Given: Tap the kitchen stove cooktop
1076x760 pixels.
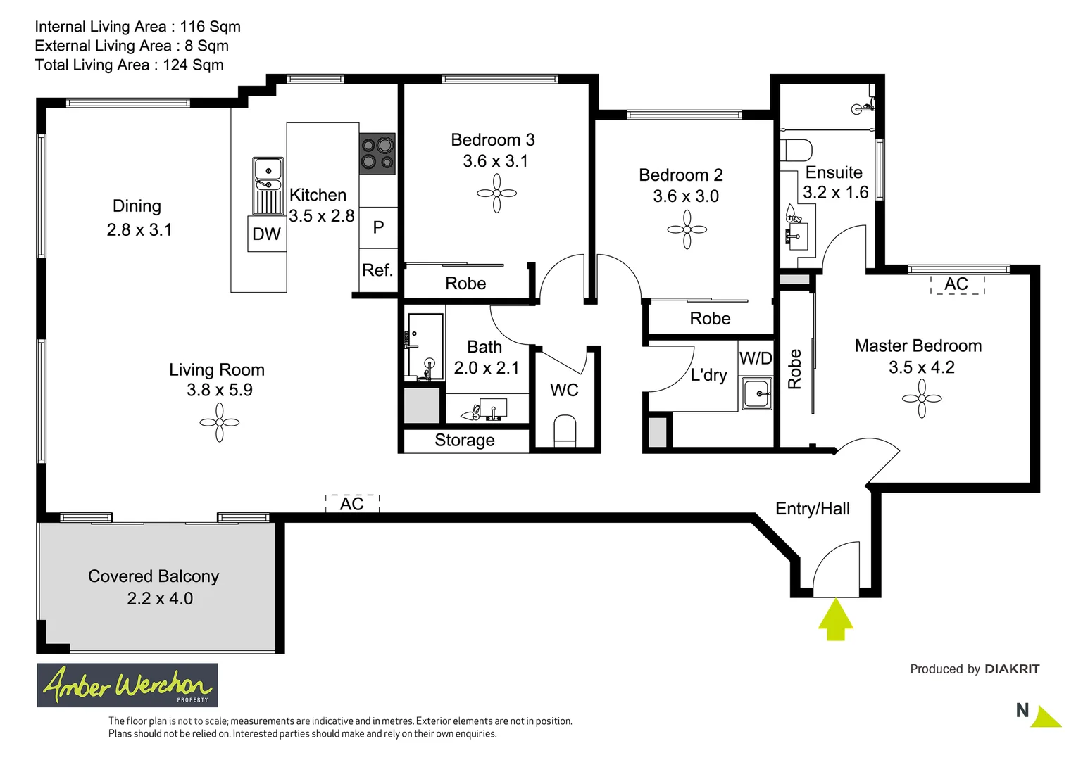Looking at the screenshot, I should (377, 154).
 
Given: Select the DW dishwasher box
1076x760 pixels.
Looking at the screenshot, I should (267, 234).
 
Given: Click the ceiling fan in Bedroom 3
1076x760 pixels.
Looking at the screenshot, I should (496, 194).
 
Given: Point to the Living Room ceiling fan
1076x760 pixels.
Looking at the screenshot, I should (219, 423).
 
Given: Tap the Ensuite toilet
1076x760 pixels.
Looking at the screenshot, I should (797, 150).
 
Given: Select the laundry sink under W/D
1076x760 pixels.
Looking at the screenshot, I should (758, 393).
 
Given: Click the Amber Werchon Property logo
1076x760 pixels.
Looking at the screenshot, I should (127, 685).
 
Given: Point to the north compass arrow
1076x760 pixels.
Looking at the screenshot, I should (1046, 717).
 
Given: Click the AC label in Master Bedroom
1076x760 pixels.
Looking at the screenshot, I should (956, 284).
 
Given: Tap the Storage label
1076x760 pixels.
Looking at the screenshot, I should (465, 441).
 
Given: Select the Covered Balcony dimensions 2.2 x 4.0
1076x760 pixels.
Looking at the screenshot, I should (160, 599).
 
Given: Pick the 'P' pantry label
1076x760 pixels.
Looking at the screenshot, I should (378, 227).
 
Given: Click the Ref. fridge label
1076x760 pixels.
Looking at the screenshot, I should (377, 270).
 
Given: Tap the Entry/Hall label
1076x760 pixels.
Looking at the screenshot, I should (813, 509).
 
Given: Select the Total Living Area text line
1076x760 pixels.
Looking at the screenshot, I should (130, 65).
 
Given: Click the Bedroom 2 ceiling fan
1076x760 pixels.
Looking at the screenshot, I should (687, 229).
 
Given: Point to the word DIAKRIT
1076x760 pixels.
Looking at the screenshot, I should (1012, 669).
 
